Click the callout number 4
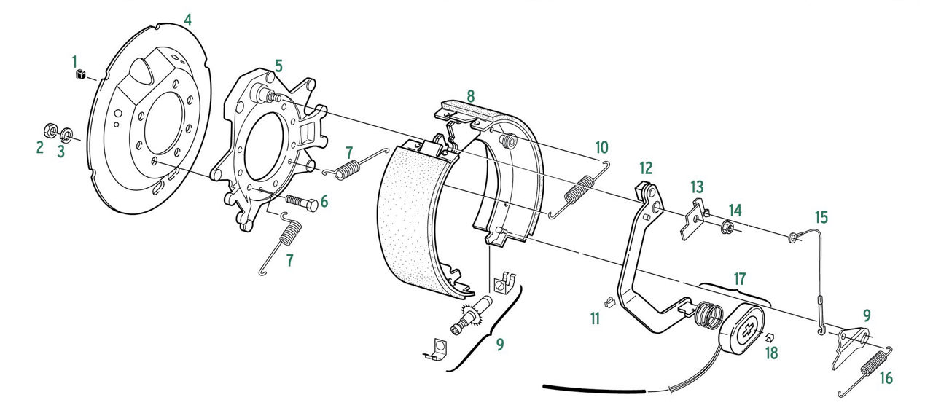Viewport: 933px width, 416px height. pyautogui.click(x=188, y=20)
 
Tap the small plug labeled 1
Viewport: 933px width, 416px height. pyautogui.click(x=81, y=74)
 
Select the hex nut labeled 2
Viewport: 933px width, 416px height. pyautogui.click(x=51, y=130)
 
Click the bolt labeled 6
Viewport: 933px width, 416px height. pyautogui.click(x=302, y=203)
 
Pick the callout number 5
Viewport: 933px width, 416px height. pyautogui.click(x=278, y=66)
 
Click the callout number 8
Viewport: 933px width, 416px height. pyautogui.click(x=470, y=95)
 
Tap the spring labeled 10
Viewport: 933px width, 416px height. pyautogui.click(x=579, y=190)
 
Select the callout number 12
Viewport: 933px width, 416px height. pyautogui.click(x=646, y=168)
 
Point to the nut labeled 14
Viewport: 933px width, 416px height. pyautogui.click(x=726, y=227)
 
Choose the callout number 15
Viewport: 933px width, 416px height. pyautogui.click(x=821, y=217)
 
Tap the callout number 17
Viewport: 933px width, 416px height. pyautogui.click(x=739, y=278)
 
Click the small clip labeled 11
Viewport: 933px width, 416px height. pyautogui.click(x=609, y=301)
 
